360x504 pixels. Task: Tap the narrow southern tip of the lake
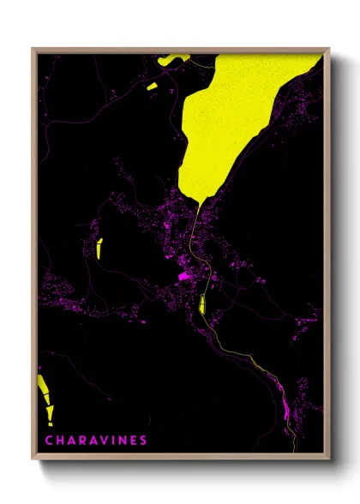198,202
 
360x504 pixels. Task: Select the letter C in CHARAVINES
49,441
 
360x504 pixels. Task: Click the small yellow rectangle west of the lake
153,86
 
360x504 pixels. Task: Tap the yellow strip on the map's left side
100,248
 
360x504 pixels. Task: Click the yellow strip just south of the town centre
202,303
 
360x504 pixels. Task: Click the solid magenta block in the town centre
183,276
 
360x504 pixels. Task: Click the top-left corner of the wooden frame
33,49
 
